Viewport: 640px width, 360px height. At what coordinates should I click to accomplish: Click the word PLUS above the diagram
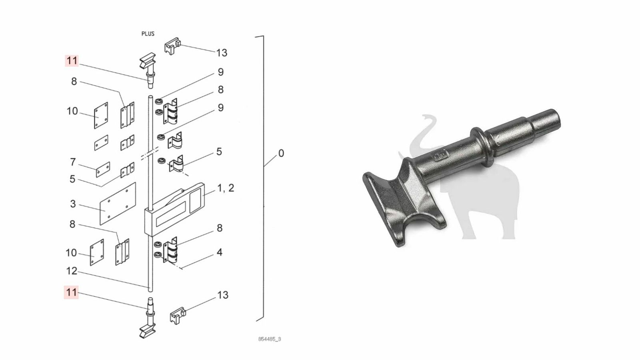click(148, 34)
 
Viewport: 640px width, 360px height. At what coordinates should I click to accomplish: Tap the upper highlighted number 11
click(72, 61)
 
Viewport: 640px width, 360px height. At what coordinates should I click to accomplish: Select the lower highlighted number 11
click(71, 292)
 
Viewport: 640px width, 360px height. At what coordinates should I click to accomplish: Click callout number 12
click(72, 271)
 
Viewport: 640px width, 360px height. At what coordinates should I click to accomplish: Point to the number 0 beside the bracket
click(281, 154)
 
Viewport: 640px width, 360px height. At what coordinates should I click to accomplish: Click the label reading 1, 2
click(226, 188)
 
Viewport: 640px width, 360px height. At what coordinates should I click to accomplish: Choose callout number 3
click(73, 204)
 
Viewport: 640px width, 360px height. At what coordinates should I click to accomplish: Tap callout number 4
click(220, 252)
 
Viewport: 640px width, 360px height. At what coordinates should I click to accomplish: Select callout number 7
click(73, 162)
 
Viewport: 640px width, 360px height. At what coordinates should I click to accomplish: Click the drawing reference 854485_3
click(270, 339)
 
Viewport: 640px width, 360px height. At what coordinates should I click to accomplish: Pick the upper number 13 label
click(222, 53)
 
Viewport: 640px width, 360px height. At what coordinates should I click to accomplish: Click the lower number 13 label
click(223, 295)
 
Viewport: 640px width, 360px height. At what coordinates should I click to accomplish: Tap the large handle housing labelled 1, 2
click(174, 210)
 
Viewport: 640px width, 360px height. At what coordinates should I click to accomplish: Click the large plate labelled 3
click(118, 204)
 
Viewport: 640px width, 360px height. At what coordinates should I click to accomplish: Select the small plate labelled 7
click(103, 170)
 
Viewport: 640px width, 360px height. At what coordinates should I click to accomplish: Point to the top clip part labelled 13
click(172, 46)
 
